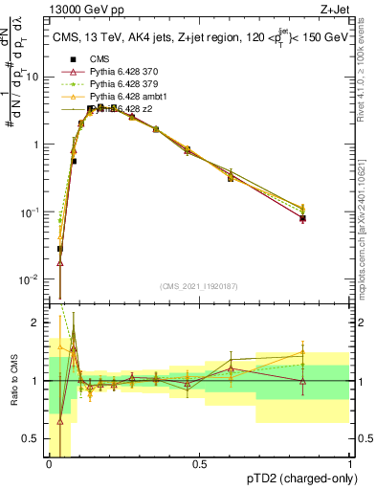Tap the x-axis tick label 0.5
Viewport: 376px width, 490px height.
[x=199, y=464]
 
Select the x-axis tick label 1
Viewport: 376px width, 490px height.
[x=349, y=464]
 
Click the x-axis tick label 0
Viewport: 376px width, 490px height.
[x=49, y=464]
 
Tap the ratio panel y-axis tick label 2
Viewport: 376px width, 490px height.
[x=38, y=323]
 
